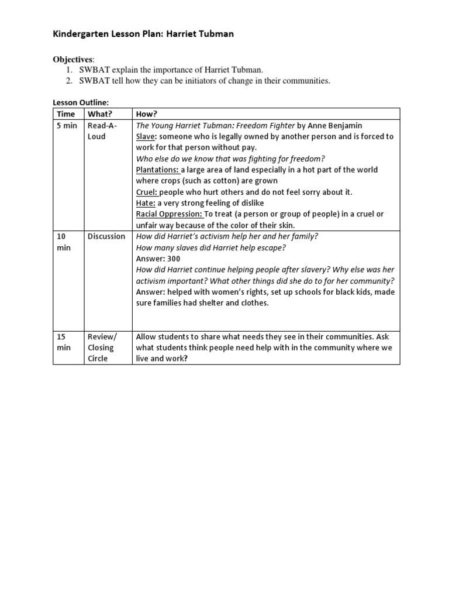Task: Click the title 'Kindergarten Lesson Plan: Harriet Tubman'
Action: point(143,34)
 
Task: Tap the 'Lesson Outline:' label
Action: point(81,102)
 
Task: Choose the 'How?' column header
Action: point(146,114)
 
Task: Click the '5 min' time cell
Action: point(67,126)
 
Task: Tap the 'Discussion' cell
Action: point(106,236)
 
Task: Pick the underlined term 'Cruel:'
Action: point(147,192)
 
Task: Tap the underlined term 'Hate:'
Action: point(146,203)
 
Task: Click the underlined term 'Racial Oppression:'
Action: point(170,214)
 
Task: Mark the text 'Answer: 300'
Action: point(158,259)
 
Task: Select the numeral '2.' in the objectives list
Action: point(68,81)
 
